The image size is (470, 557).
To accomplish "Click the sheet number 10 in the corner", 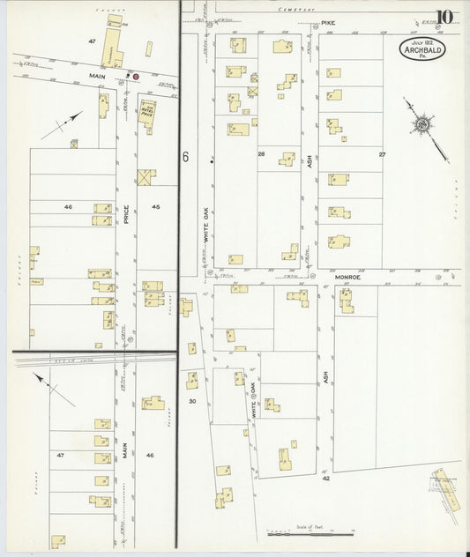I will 445,17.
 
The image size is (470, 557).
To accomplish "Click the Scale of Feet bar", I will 310,533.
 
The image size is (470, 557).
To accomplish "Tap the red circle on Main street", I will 136,77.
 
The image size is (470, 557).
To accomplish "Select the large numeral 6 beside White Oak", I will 186,157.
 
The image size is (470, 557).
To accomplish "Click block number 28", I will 261,154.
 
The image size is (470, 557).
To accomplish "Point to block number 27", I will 382,154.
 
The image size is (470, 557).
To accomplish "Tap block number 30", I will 191,401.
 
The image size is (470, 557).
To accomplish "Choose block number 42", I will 325,479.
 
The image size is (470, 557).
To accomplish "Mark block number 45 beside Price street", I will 155,206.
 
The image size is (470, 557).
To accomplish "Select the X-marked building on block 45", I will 146,177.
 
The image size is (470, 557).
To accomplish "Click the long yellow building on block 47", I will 110,48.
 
